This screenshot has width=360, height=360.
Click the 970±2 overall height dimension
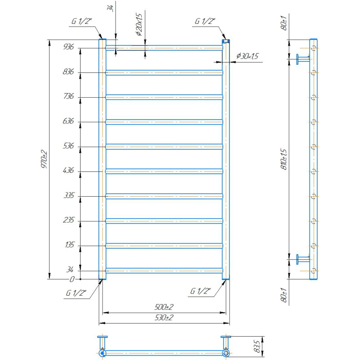(x=44, y=159)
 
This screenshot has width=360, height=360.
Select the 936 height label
(x=68, y=47)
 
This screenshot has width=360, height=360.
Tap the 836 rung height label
(x=68, y=72)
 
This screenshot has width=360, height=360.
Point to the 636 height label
(x=68, y=121)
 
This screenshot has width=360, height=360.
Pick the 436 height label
(x=68, y=171)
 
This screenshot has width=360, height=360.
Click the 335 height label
(x=69, y=195)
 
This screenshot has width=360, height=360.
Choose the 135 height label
(x=70, y=245)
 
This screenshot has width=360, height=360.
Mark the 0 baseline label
(x=72, y=279)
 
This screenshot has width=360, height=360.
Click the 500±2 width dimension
(x=164, y=307)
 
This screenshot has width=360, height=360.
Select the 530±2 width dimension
(x=164, y=318)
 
